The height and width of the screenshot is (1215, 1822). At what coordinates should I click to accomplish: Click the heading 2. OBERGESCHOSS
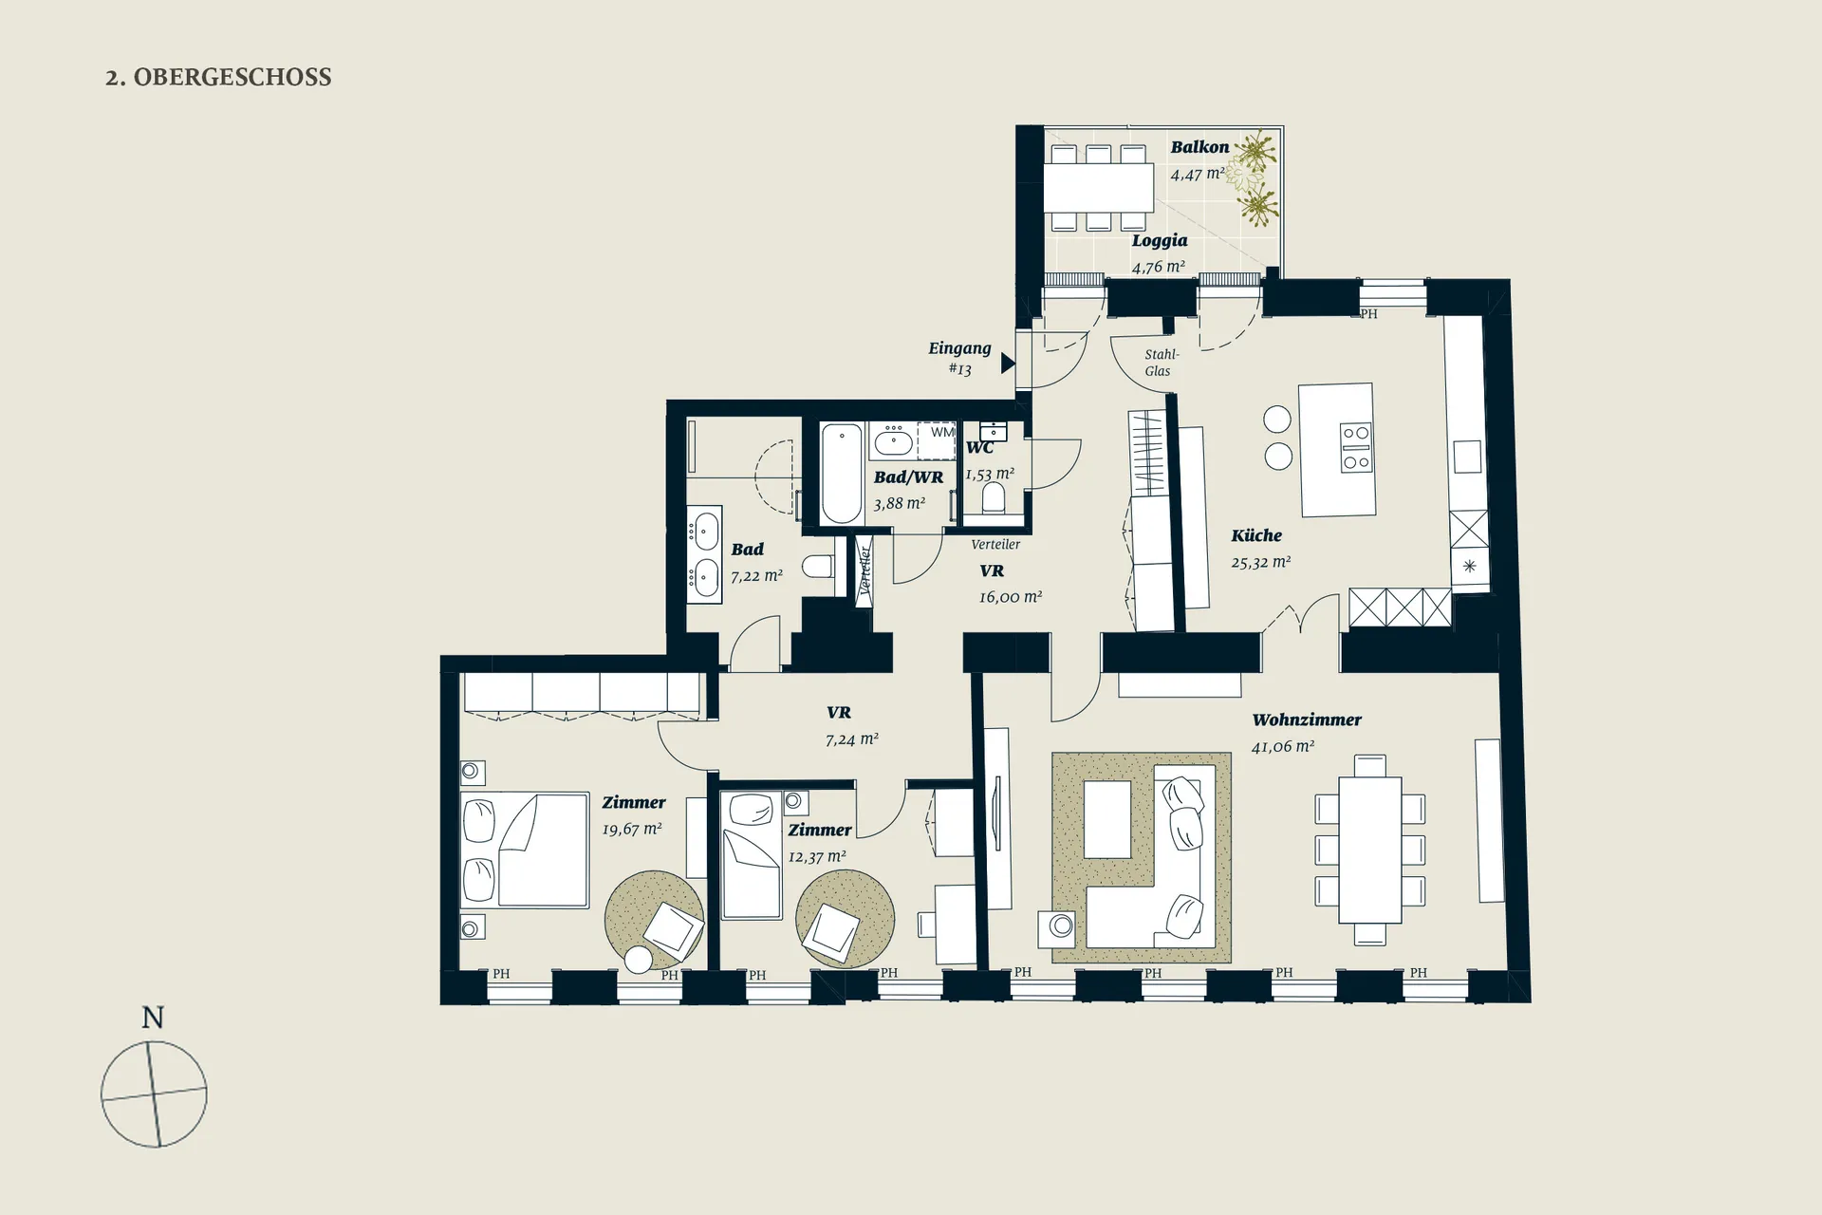(x=218, y=77)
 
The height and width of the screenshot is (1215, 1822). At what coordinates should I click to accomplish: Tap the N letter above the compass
(x=153, y=1018)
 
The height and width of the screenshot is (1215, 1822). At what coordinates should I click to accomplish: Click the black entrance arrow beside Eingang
(x=1008, y=362)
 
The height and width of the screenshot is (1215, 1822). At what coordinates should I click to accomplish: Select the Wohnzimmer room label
(x=1307, y=720)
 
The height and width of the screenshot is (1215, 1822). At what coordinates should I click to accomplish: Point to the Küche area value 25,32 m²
(x=1261, y=562)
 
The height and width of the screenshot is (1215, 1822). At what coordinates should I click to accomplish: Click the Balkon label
(x=1199, y=147)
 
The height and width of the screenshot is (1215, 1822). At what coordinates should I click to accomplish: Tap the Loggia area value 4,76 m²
(x=1159, y=267)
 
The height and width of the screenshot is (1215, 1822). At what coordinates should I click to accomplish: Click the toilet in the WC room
(x=994, y=496)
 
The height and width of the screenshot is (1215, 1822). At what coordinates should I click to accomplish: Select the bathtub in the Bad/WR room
(x=842, y=473)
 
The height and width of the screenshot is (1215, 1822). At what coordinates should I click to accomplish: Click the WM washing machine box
(x=937, y=441)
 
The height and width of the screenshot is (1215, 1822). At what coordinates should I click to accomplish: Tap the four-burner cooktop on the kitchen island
(x=1355, y=448)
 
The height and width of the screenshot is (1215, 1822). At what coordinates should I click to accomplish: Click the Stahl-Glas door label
(x=1160, y=363)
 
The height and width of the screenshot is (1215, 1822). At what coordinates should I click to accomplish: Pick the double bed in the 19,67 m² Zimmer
(x=525, y=850)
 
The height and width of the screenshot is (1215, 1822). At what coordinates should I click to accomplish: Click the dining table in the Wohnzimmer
(x=1370, y=850)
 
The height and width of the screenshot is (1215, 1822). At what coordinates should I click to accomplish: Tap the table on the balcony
(x=1099, y=188)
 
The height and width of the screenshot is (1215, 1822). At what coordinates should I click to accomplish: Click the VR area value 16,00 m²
(x=1011, y=597)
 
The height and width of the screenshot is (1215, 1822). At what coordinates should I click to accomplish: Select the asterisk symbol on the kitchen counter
(x=1469, y=567)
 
